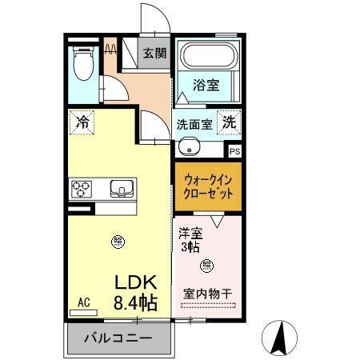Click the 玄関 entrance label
coord(154,54)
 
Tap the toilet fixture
coord(83,65)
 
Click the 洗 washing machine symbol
coord(229,123)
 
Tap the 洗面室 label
coord(194,124)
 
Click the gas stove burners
coord(82,190)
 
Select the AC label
coord(82,302)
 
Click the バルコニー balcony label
coord(118,338)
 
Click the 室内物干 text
coord(207,294)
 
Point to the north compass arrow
coord(282,335)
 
